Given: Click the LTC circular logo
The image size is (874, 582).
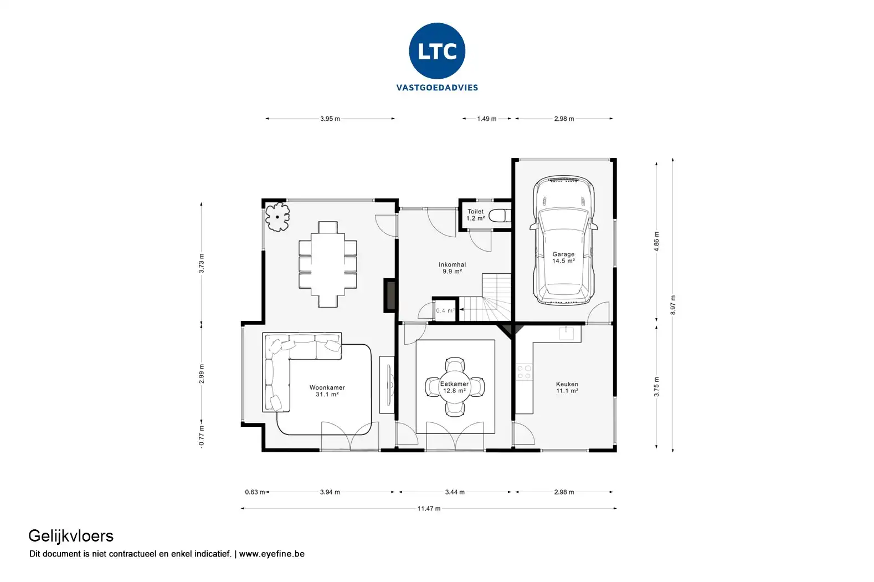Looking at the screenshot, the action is tap(437, 51).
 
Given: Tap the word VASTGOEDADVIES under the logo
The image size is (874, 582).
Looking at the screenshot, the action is tap(437, 88).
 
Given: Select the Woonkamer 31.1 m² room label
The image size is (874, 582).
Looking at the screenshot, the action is tap(327, 391).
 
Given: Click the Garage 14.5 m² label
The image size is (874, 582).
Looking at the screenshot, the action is tap(563, 257).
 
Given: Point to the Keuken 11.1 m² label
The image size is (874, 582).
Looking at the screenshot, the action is tap(567, 387).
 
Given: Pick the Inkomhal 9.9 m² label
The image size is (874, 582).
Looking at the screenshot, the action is tap(452, 268).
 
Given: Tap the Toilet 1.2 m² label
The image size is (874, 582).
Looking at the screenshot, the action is tap(476, 215).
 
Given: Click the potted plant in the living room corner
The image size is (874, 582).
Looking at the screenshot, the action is tap(277, 217).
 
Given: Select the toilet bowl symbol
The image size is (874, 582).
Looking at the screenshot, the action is tap(500, 215).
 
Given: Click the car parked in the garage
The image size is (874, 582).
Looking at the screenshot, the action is tap(564, 240).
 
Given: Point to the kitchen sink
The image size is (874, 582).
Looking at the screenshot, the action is tap(566, 333).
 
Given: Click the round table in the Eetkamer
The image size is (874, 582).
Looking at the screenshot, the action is tap(455, 386).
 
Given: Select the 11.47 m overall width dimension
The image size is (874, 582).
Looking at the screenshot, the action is tap(429, 509).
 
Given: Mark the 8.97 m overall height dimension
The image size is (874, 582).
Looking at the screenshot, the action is tap(672, 305).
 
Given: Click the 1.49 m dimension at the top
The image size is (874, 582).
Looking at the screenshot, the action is tap(486, 119).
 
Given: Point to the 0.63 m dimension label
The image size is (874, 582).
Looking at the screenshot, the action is tap(255, 492).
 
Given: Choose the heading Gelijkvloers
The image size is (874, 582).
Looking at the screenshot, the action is tap(71, 537).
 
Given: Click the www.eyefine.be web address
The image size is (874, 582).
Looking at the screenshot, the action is tap(271, 554).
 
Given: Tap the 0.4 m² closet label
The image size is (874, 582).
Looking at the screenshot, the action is tap(445, 311).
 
